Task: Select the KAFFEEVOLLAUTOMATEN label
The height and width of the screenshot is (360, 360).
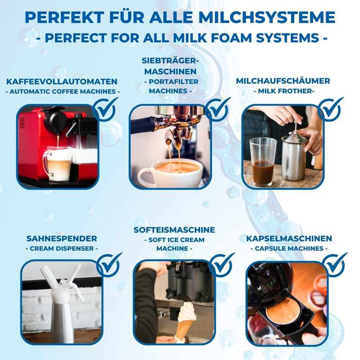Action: pos(62,81)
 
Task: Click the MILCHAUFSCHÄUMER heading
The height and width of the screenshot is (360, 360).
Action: pos(283,81)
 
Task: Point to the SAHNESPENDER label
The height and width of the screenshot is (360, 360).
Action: pos(62,238)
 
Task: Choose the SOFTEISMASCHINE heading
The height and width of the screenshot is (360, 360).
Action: pos(174,230)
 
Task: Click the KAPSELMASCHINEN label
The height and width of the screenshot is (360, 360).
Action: pos(289,238)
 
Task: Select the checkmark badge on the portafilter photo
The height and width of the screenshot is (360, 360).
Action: pos(217,109)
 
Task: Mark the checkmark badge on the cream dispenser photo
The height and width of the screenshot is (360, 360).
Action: pos(108,265)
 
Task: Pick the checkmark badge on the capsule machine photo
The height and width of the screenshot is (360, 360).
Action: pos(334,265)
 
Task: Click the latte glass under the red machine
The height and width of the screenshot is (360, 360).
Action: pos(58,164)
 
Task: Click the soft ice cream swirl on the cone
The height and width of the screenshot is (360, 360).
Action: pos(187,312)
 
